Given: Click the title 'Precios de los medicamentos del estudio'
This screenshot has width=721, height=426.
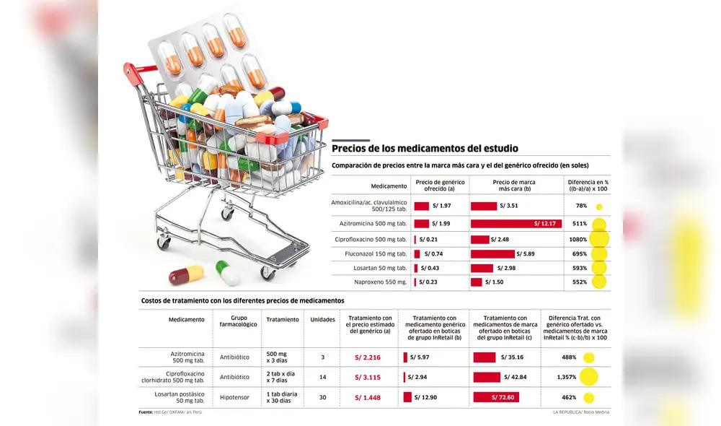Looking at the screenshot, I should click(425, 148).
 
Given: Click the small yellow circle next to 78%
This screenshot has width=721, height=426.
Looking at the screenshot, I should click(599, 207).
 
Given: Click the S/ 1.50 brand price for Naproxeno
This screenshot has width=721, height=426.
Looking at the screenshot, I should click(494, 282).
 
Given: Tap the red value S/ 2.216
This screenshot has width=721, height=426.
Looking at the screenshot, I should click(368, 357).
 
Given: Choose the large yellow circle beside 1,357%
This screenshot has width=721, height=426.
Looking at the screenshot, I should click(589, 377).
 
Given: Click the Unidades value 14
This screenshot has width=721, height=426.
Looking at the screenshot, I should click(322, 377).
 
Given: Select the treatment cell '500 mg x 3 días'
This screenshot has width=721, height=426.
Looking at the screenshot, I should click(278, 357).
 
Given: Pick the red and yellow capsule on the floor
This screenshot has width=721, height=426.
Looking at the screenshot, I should click(186, 275).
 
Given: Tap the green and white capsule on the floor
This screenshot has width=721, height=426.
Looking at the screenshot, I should click(228, 272).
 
